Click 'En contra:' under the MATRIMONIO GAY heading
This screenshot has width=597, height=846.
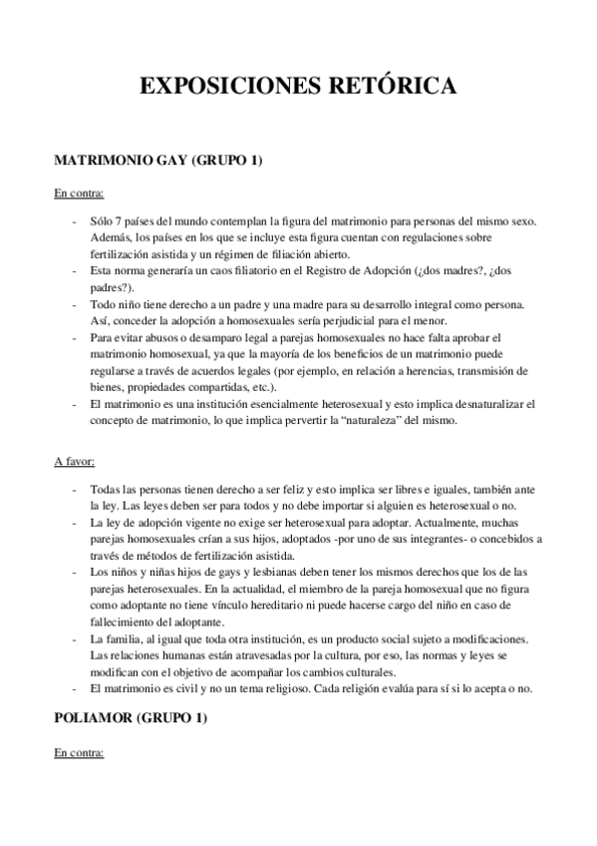79,193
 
